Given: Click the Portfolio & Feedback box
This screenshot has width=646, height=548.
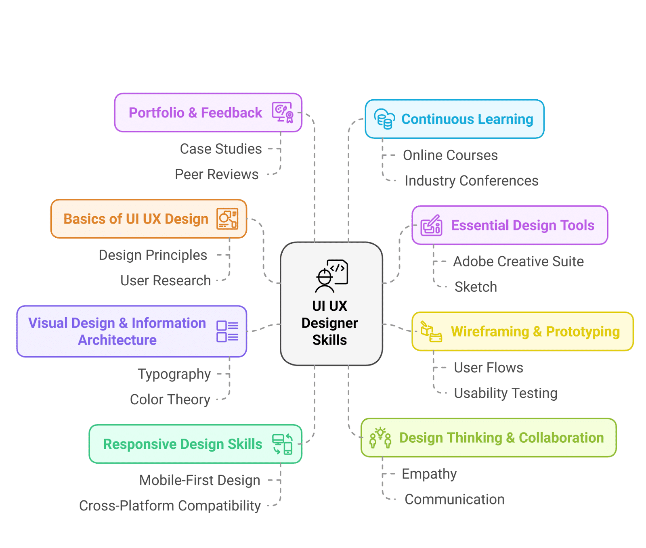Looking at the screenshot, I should pos(208,113).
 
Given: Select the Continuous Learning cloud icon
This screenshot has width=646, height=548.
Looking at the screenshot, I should pos(384,119).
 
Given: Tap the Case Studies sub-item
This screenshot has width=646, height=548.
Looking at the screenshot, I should pos(221,149).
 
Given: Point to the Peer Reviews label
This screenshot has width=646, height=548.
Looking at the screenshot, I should pos(216,174).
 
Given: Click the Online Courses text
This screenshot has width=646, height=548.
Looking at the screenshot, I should pos(450,155).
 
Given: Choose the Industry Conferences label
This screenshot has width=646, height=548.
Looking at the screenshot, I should pos(471,181).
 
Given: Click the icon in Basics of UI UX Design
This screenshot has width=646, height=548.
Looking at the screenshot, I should pos(227,219).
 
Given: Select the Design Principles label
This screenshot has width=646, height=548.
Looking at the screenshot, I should pos(153,255).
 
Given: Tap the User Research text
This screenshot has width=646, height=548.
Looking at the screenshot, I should pos(166,280).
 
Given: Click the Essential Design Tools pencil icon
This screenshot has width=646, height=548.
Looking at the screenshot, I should pos(431,225).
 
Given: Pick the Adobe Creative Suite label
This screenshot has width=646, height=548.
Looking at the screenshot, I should pos(518,261).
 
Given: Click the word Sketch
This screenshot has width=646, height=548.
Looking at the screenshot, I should pos(476,287).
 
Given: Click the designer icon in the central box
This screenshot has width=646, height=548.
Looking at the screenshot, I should pos(331,276).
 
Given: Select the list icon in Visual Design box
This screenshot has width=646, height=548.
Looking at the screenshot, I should pos(227,331).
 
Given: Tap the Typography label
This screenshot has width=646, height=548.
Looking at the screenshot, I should pos(174,374).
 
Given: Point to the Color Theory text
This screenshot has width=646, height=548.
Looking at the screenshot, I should pos(170,399).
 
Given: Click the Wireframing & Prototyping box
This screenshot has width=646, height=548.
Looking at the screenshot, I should pos(522,331).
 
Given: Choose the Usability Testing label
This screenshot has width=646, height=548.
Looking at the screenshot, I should pos(505,393).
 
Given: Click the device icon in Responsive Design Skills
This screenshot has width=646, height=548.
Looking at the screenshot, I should pos(282,444).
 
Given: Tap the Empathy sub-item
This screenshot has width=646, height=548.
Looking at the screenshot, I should pos(429,474).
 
